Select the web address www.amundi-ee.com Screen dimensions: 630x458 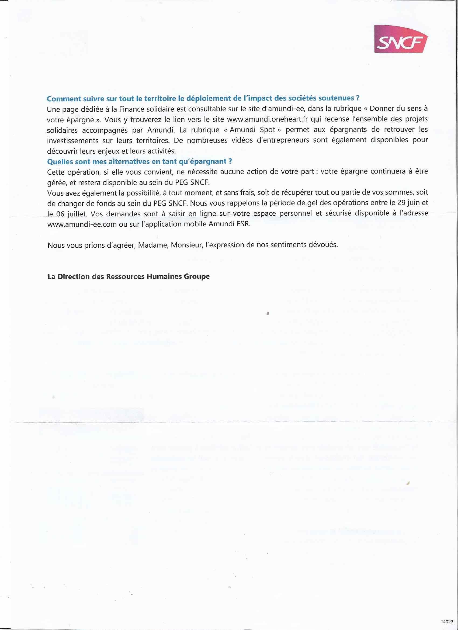[x=82, y=224]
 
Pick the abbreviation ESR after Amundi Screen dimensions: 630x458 [x=243, y=224]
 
